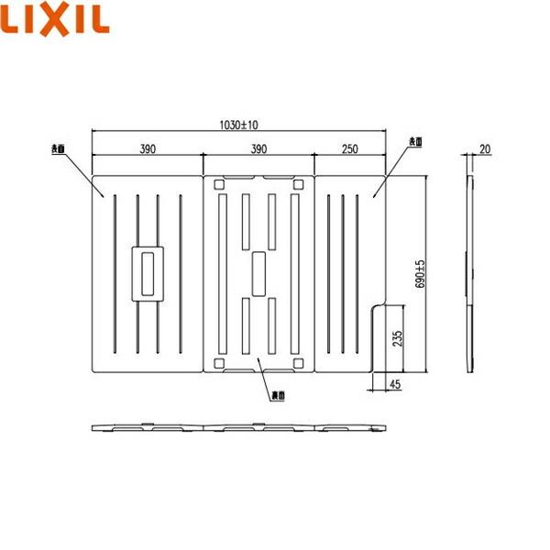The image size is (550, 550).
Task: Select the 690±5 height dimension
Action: (x=422, y=275)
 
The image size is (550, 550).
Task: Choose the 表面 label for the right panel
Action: (x=414, y=141)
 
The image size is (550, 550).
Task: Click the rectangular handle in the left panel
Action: (x=148, y=272)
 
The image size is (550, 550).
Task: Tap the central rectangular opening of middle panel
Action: (x=258, y=273)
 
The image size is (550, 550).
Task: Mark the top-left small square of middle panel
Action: (x=219, y=184)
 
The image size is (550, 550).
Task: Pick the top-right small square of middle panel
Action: (x=296, y=184)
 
